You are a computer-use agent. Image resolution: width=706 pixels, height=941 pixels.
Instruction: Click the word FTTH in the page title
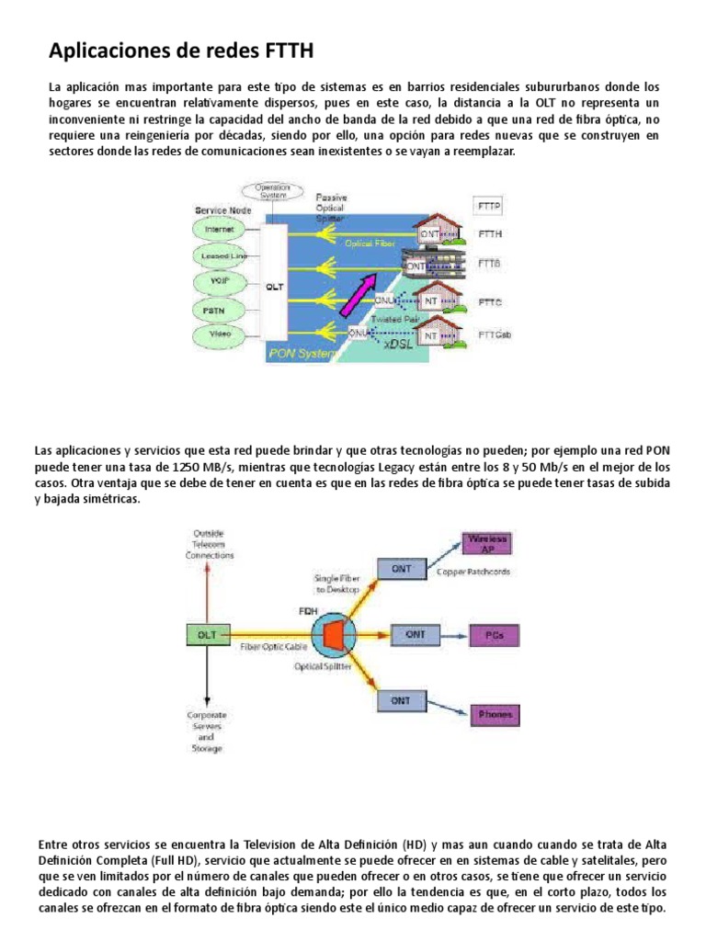click(x=284, y=49)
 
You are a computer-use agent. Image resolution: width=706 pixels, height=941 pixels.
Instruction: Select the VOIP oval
click(x=217, y=279)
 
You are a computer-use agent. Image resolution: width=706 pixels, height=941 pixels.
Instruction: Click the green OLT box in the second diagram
click(x=207, y=633)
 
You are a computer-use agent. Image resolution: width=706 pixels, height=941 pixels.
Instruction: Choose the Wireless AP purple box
click(x=487, y=544)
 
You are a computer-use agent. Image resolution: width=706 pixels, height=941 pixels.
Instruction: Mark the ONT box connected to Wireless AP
click(x=402, y=570)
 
